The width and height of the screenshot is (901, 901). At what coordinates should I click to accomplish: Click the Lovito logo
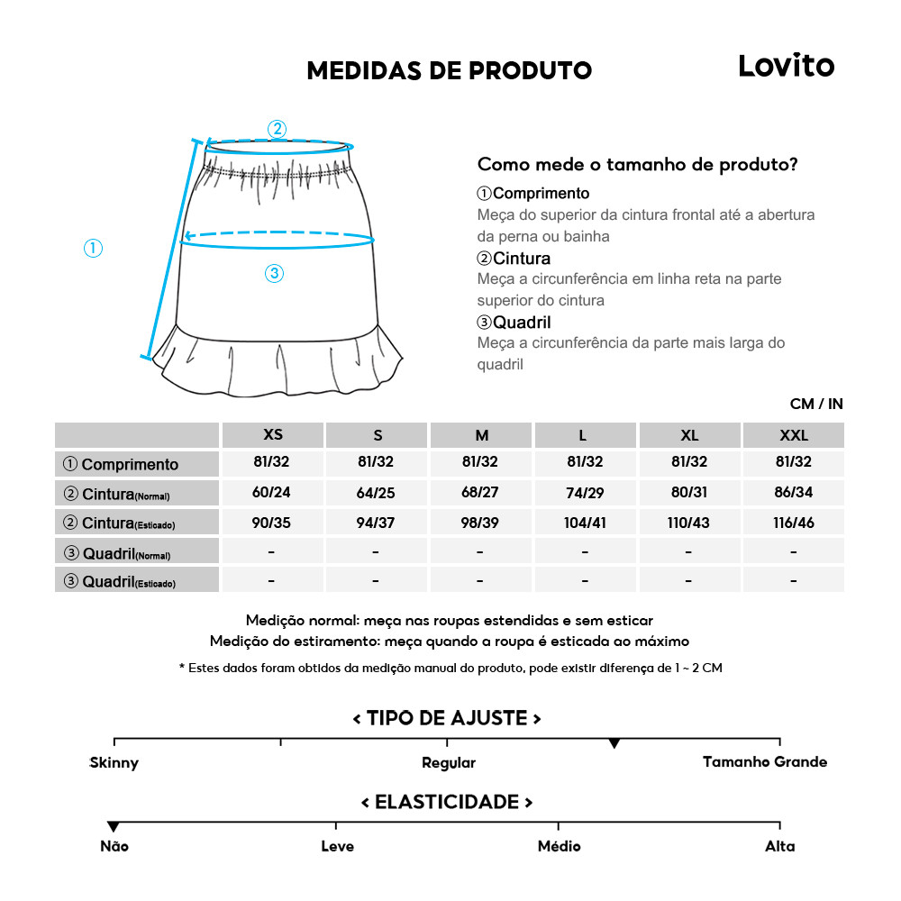point(786,66)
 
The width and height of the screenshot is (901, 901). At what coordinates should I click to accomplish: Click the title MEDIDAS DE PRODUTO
point(449,71)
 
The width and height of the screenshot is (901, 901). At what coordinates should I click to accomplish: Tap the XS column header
point(273,435)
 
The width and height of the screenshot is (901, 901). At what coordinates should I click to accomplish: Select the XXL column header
point(794,435)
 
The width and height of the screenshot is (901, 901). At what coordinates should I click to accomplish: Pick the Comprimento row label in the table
point(129,465)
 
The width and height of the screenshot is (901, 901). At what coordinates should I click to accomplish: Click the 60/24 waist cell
point(271,493)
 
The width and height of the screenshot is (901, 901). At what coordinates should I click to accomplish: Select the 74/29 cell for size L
point(585,493)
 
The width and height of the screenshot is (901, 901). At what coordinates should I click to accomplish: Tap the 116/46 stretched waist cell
point(794,523)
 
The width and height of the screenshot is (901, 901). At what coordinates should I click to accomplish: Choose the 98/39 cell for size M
point(480,523)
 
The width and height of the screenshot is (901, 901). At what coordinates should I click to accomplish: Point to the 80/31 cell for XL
point(689,493)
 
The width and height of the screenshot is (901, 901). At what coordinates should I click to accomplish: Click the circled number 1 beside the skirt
point(93,248)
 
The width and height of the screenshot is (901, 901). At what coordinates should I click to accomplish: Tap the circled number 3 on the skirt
point(275,274)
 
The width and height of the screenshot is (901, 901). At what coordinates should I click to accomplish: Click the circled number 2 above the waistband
point(277,129)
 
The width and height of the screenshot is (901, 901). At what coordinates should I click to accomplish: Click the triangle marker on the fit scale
point(614,743)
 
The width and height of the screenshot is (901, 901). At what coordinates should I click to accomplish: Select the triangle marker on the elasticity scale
point(114,826)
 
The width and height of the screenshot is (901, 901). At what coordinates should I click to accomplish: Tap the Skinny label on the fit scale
point(114,763)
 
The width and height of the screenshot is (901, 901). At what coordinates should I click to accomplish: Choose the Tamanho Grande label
point(764,762)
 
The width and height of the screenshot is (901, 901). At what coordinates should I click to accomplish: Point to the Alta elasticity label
point(780,846)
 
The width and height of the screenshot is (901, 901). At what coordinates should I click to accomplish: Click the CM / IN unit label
point(816,404)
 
